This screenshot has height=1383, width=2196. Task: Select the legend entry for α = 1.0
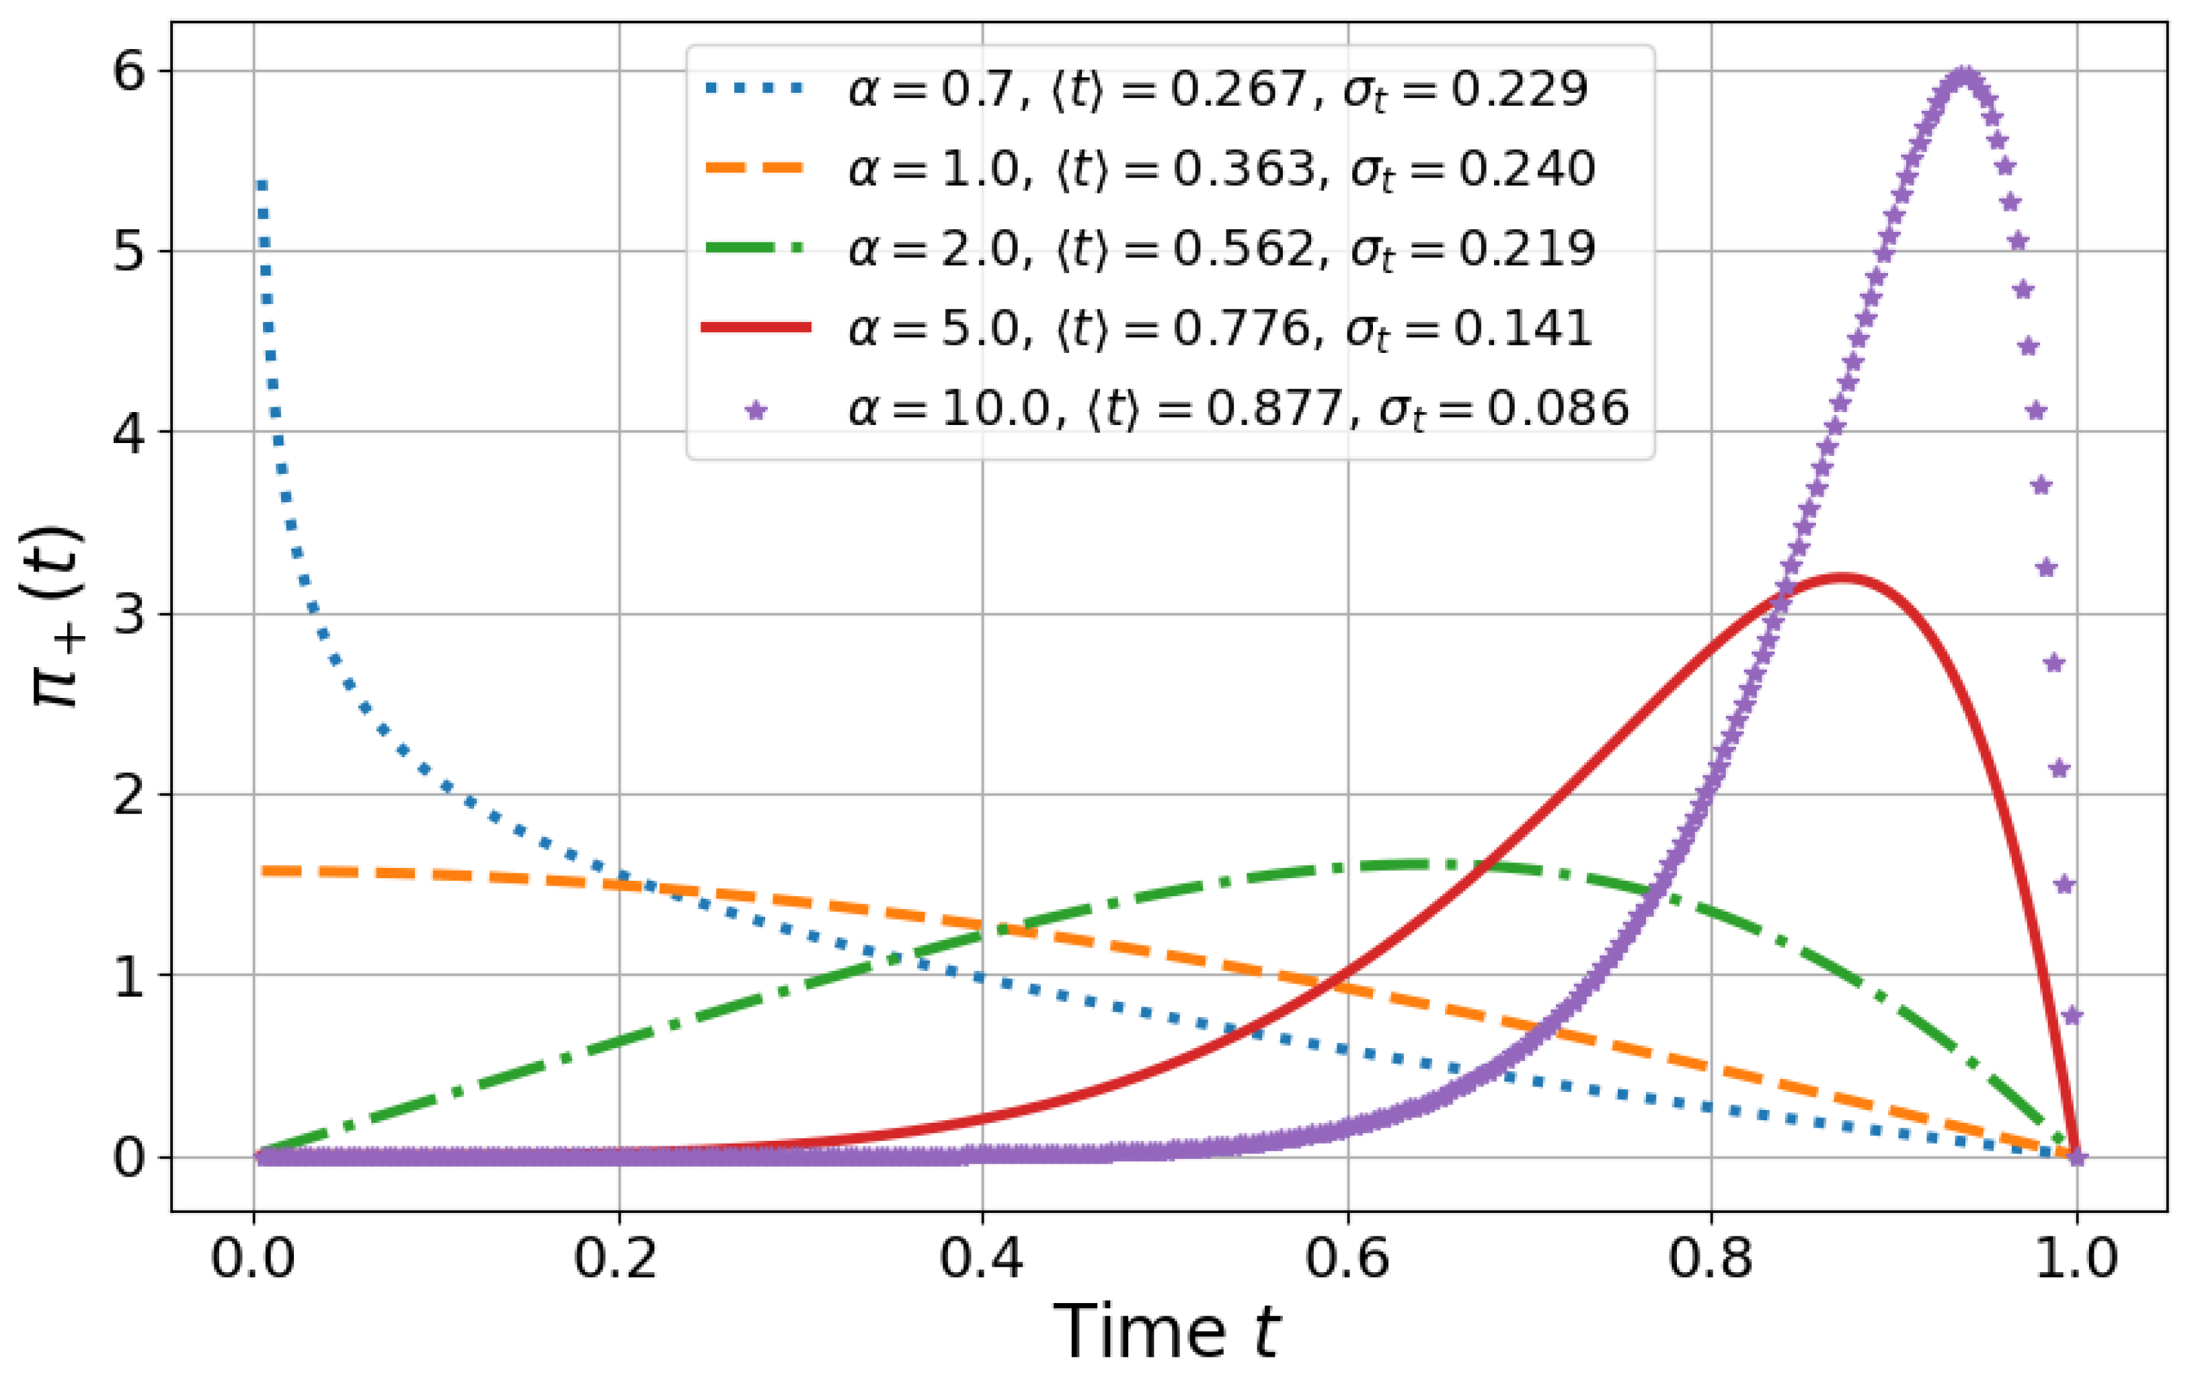[x=1222, y=169]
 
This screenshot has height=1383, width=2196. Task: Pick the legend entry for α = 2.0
[x=1222, y=249]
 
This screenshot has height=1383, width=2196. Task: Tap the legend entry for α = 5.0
[x=1220, y=328]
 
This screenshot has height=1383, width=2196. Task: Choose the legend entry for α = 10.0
[x=1239, y=407]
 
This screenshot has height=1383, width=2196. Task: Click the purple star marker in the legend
[x=756, y=409]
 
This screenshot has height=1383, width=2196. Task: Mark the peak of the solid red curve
[x=1842, y=577]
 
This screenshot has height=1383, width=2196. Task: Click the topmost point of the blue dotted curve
[x=262, y=185]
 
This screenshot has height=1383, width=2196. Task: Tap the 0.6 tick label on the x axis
[x=1347, y=1259]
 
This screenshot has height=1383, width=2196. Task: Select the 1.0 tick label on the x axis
[x=2076, y=1259]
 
